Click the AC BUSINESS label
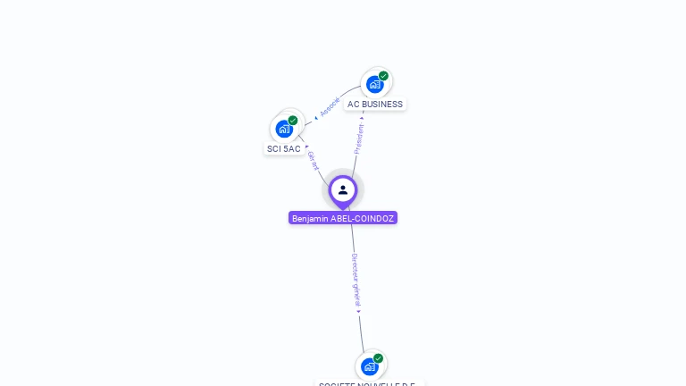tap(375, 105)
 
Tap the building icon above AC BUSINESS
tap(375, 84)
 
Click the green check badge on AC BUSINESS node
tap(384, 76)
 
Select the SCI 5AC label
tap(284, 149)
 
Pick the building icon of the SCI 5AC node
tap(284, 129)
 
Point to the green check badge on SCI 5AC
tap(293, 121)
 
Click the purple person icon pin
tap(343, 190)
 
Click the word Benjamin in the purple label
tap(310, 218)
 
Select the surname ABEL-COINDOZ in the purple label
tap(362, 218)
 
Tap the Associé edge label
tap(330, 106)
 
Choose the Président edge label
tap(359, 139)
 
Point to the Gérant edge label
tap(313, 161)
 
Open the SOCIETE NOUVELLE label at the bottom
tap(369, 383)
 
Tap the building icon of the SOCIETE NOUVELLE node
tap(370, 366)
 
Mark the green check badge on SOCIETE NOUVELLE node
tap(379, 358)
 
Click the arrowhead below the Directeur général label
tap(359, 311)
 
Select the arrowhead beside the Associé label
tap(316, 117)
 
